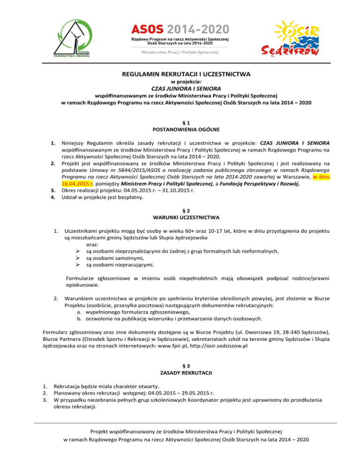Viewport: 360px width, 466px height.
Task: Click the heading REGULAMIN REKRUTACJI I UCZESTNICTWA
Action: pyautogui.click(x=180, y=74)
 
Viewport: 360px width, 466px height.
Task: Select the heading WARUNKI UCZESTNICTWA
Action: pyautogui.click(x=180, y=218)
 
